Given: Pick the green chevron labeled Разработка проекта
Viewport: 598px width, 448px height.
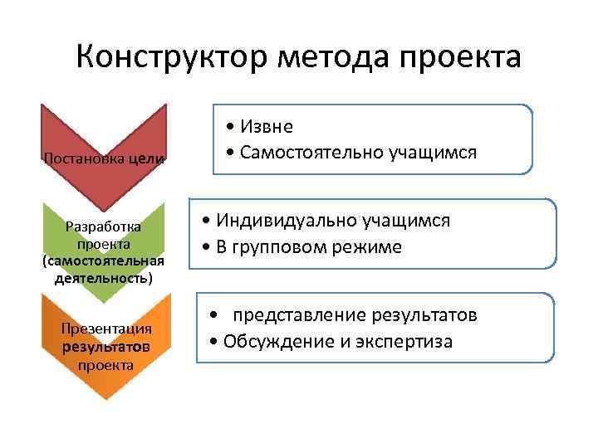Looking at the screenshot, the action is (104, 241).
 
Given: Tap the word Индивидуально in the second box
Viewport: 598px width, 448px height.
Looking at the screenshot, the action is (287, 221).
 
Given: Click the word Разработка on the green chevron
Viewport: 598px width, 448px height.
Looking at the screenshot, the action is (104, 226).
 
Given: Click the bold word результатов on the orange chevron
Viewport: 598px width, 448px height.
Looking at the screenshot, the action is (105, 346).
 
